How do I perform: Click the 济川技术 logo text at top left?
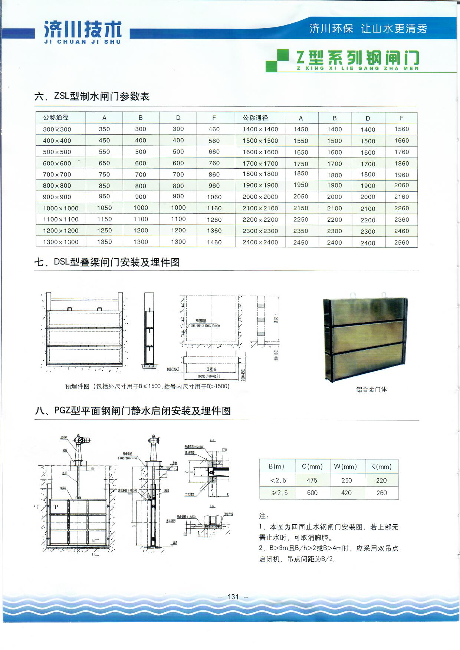(x=82, y=30)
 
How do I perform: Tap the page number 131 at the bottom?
(x=233, y=597)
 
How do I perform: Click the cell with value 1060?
(x=214, y=197)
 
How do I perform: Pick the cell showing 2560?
(x=401, y=242)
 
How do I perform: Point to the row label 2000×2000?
(x=260, y=197)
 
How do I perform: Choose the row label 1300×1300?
(x=60, y=242)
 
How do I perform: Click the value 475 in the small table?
(x=312, y=480)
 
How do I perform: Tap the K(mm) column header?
(x=381, y=466)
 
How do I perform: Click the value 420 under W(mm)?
(x=346, y=493)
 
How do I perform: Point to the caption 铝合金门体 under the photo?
(x=371, y=389)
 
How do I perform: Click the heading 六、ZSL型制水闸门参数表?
(x=92, y=96)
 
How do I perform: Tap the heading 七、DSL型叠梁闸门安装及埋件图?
(x=107, y=262)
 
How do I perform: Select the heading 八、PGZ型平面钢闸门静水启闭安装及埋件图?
(x=132, y=410)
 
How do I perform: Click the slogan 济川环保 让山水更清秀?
(x=368, y=29)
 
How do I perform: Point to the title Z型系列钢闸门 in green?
(x=358, y=59)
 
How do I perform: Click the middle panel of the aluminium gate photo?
(x=365, y=334)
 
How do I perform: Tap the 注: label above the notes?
(x=264, y=516)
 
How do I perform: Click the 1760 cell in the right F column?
(x=401, y=152)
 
